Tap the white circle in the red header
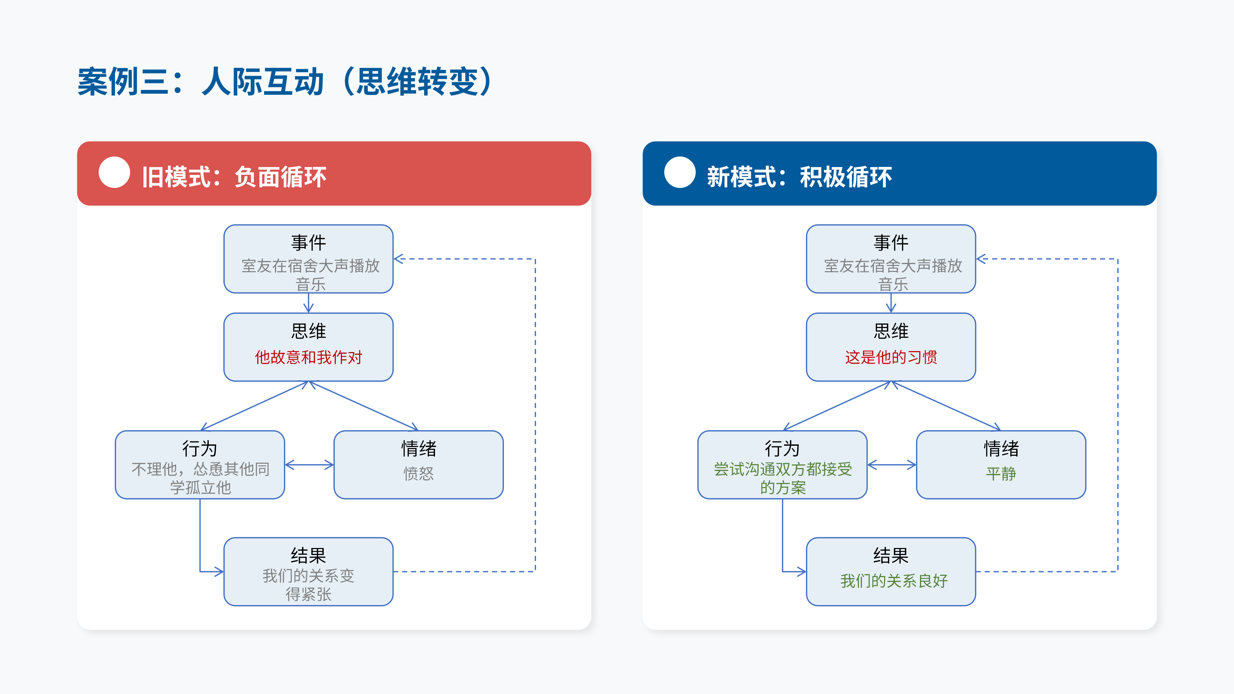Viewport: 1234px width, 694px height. [x=114, y=172]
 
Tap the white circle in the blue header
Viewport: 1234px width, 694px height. [x=680, y=172]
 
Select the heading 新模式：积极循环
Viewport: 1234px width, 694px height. [x=799, y=177]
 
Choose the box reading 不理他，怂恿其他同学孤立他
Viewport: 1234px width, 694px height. [x=200, y=464]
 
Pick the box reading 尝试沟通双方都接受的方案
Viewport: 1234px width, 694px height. [x=782, y=464]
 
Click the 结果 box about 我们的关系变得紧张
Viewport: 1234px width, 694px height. [x=308, y=571]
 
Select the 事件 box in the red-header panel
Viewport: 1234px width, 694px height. [x=308, y=259]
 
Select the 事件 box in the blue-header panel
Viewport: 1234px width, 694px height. [x=891, y=259]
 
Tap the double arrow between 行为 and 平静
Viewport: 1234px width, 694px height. [x=892, y=464]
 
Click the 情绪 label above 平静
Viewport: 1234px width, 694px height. [x=1001, y=449]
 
